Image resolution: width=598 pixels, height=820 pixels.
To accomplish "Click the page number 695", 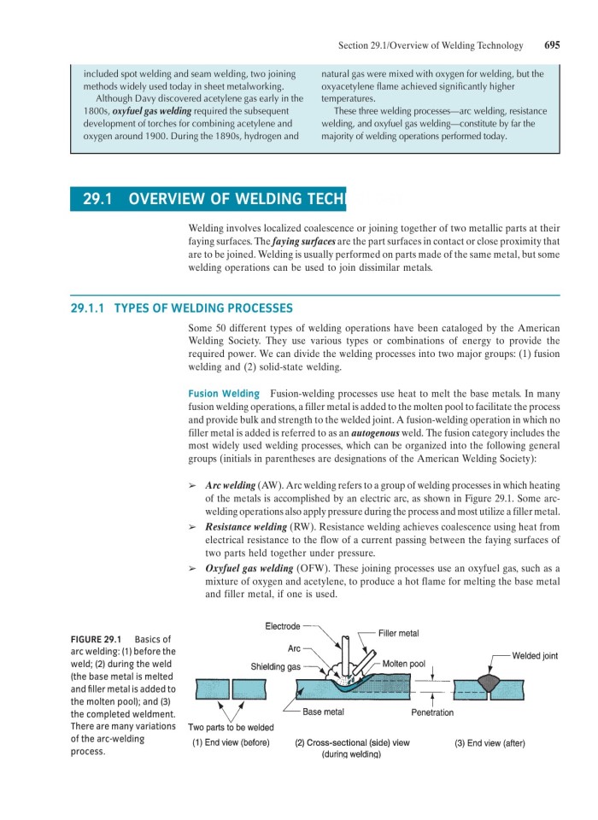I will (551, 45).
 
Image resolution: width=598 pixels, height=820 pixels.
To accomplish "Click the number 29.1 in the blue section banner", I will (99, 200).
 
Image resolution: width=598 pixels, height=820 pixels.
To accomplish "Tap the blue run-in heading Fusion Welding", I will (223, 394).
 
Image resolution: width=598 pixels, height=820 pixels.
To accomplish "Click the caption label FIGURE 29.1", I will (95, 639).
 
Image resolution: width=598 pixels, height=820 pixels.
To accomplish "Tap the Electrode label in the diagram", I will (282, 626).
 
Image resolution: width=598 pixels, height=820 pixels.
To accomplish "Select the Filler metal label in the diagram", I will (398, 633).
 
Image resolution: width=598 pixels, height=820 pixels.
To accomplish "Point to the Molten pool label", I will (404, 664).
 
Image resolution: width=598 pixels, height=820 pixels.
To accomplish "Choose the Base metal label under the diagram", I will (324, 712).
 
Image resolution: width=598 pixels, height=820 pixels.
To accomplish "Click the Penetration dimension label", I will (432, 712).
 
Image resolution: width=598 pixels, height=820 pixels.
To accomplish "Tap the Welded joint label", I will (535, 655).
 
